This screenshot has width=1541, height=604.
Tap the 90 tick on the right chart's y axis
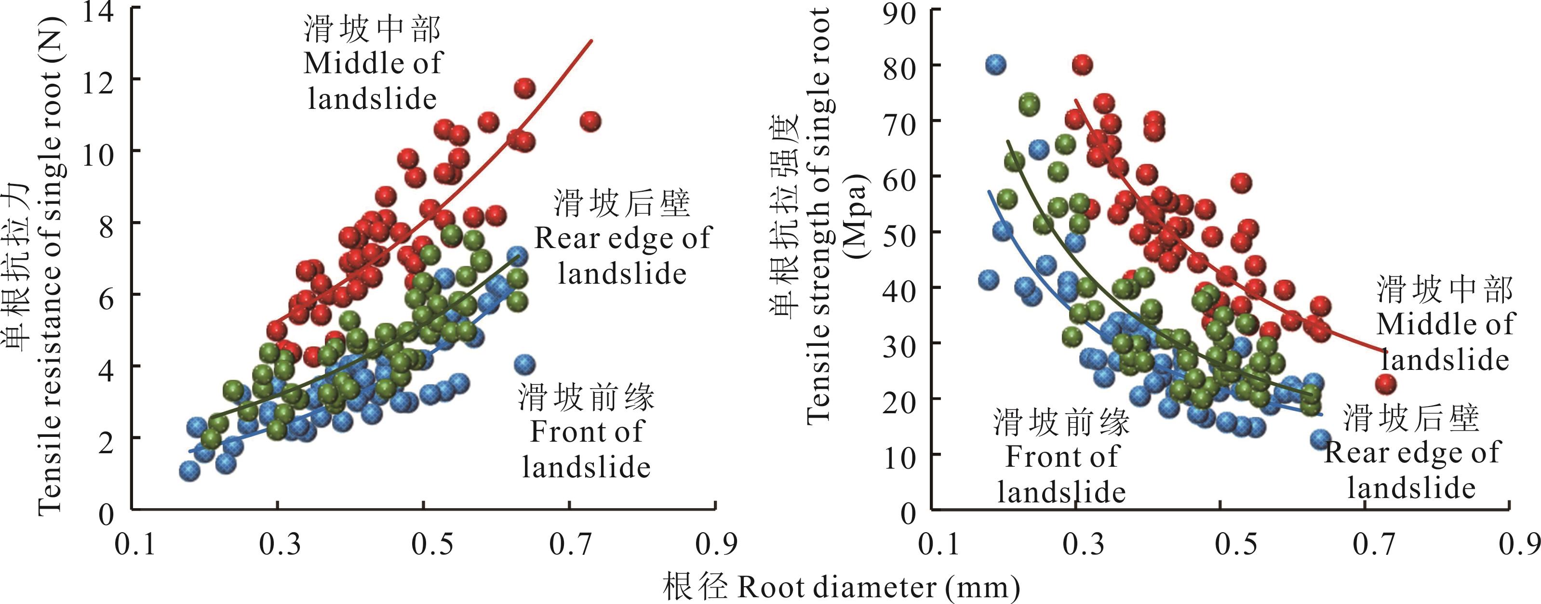(899, 12)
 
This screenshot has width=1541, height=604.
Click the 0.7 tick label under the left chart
(570, 544)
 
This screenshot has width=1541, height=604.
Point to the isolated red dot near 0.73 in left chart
(590, 122)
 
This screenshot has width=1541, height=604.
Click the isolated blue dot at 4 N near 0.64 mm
(524, 364)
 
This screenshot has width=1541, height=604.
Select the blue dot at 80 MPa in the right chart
(995, 65)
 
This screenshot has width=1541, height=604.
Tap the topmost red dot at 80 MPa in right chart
(1082, 65)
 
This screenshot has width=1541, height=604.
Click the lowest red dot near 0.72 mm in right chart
(1385, 383)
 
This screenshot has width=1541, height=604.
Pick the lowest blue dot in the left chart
(189, 471)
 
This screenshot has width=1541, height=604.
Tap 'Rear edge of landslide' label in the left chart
(622, 255)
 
